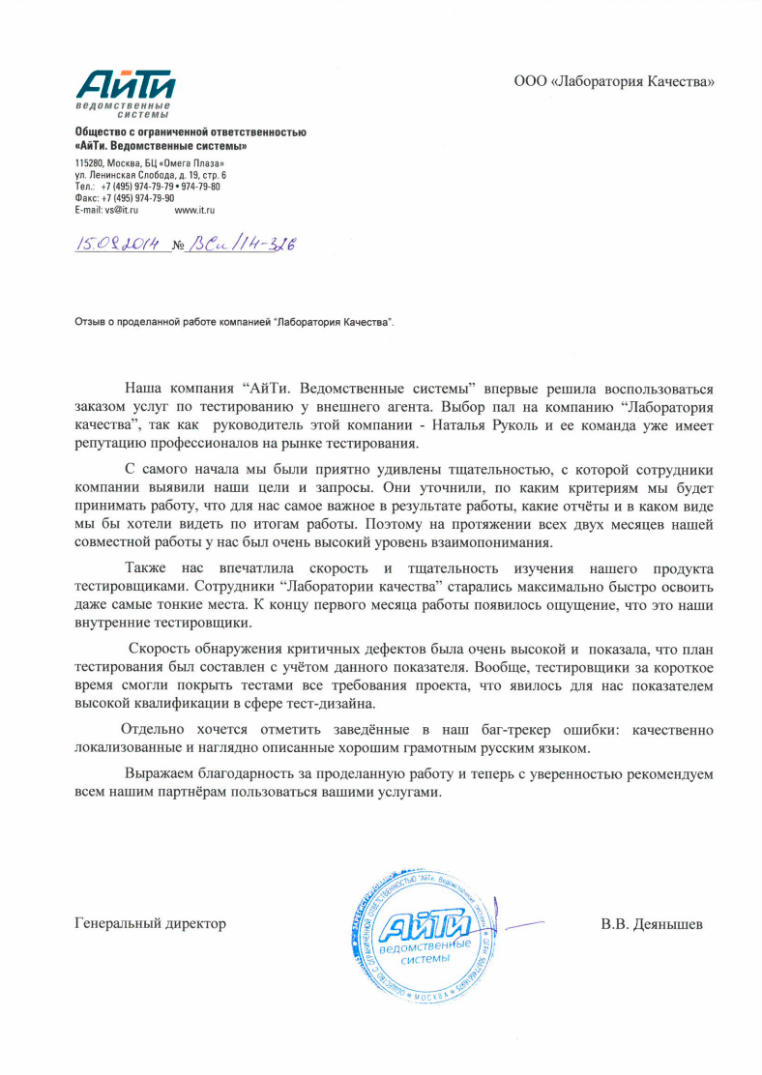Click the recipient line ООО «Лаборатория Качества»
coord(614,81)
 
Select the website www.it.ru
coord(193,209)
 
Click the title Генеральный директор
coord(151,923)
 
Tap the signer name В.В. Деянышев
coord(652,923)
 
